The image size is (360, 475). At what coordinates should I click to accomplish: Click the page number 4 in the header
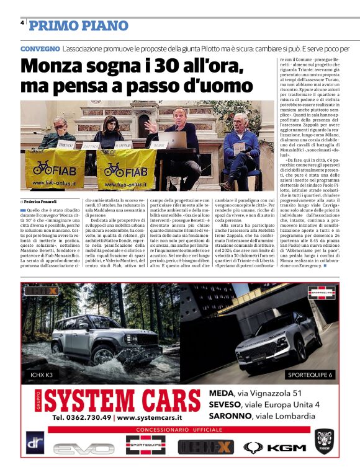pos(22,22)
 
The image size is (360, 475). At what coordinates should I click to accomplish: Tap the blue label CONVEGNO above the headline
pos(40,48)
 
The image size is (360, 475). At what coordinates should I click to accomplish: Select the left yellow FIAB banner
pos(56,169)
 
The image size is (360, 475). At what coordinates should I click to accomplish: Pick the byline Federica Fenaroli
pos(41,202)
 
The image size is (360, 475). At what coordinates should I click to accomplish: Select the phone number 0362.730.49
pos(83,417)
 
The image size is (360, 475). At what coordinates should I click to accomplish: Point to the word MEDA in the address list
pos(222,393)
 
